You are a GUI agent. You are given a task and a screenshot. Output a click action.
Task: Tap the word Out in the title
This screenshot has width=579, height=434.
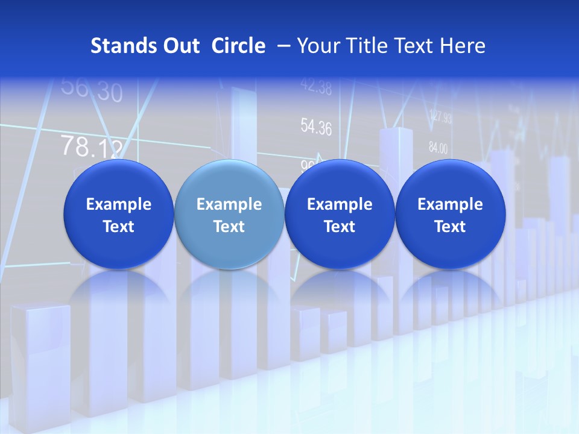coord(180,46)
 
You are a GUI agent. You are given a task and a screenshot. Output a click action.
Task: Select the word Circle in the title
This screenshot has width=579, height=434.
coord(238,46)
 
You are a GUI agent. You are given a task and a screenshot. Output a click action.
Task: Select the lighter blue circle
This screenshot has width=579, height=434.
coord(229,214)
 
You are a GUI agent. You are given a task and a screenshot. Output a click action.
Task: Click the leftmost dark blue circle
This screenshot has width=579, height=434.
coord(118,214)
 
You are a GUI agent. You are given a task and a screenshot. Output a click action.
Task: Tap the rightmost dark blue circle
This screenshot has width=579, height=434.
coord(450,214)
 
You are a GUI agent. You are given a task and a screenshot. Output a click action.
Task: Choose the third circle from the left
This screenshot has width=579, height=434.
coord(340,214)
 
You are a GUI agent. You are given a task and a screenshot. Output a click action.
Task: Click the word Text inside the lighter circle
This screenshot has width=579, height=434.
coord(229,227)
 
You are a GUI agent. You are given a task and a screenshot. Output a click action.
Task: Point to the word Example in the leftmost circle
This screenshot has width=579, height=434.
coord(118,204)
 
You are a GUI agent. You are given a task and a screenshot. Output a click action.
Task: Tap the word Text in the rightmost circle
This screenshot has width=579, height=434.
coord(450,227)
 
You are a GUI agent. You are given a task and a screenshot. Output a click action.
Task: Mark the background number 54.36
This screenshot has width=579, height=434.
coord(316,127)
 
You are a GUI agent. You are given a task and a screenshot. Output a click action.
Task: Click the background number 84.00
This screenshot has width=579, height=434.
coord(438,147)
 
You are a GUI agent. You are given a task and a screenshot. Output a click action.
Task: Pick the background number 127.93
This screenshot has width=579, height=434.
coord(440,117)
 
